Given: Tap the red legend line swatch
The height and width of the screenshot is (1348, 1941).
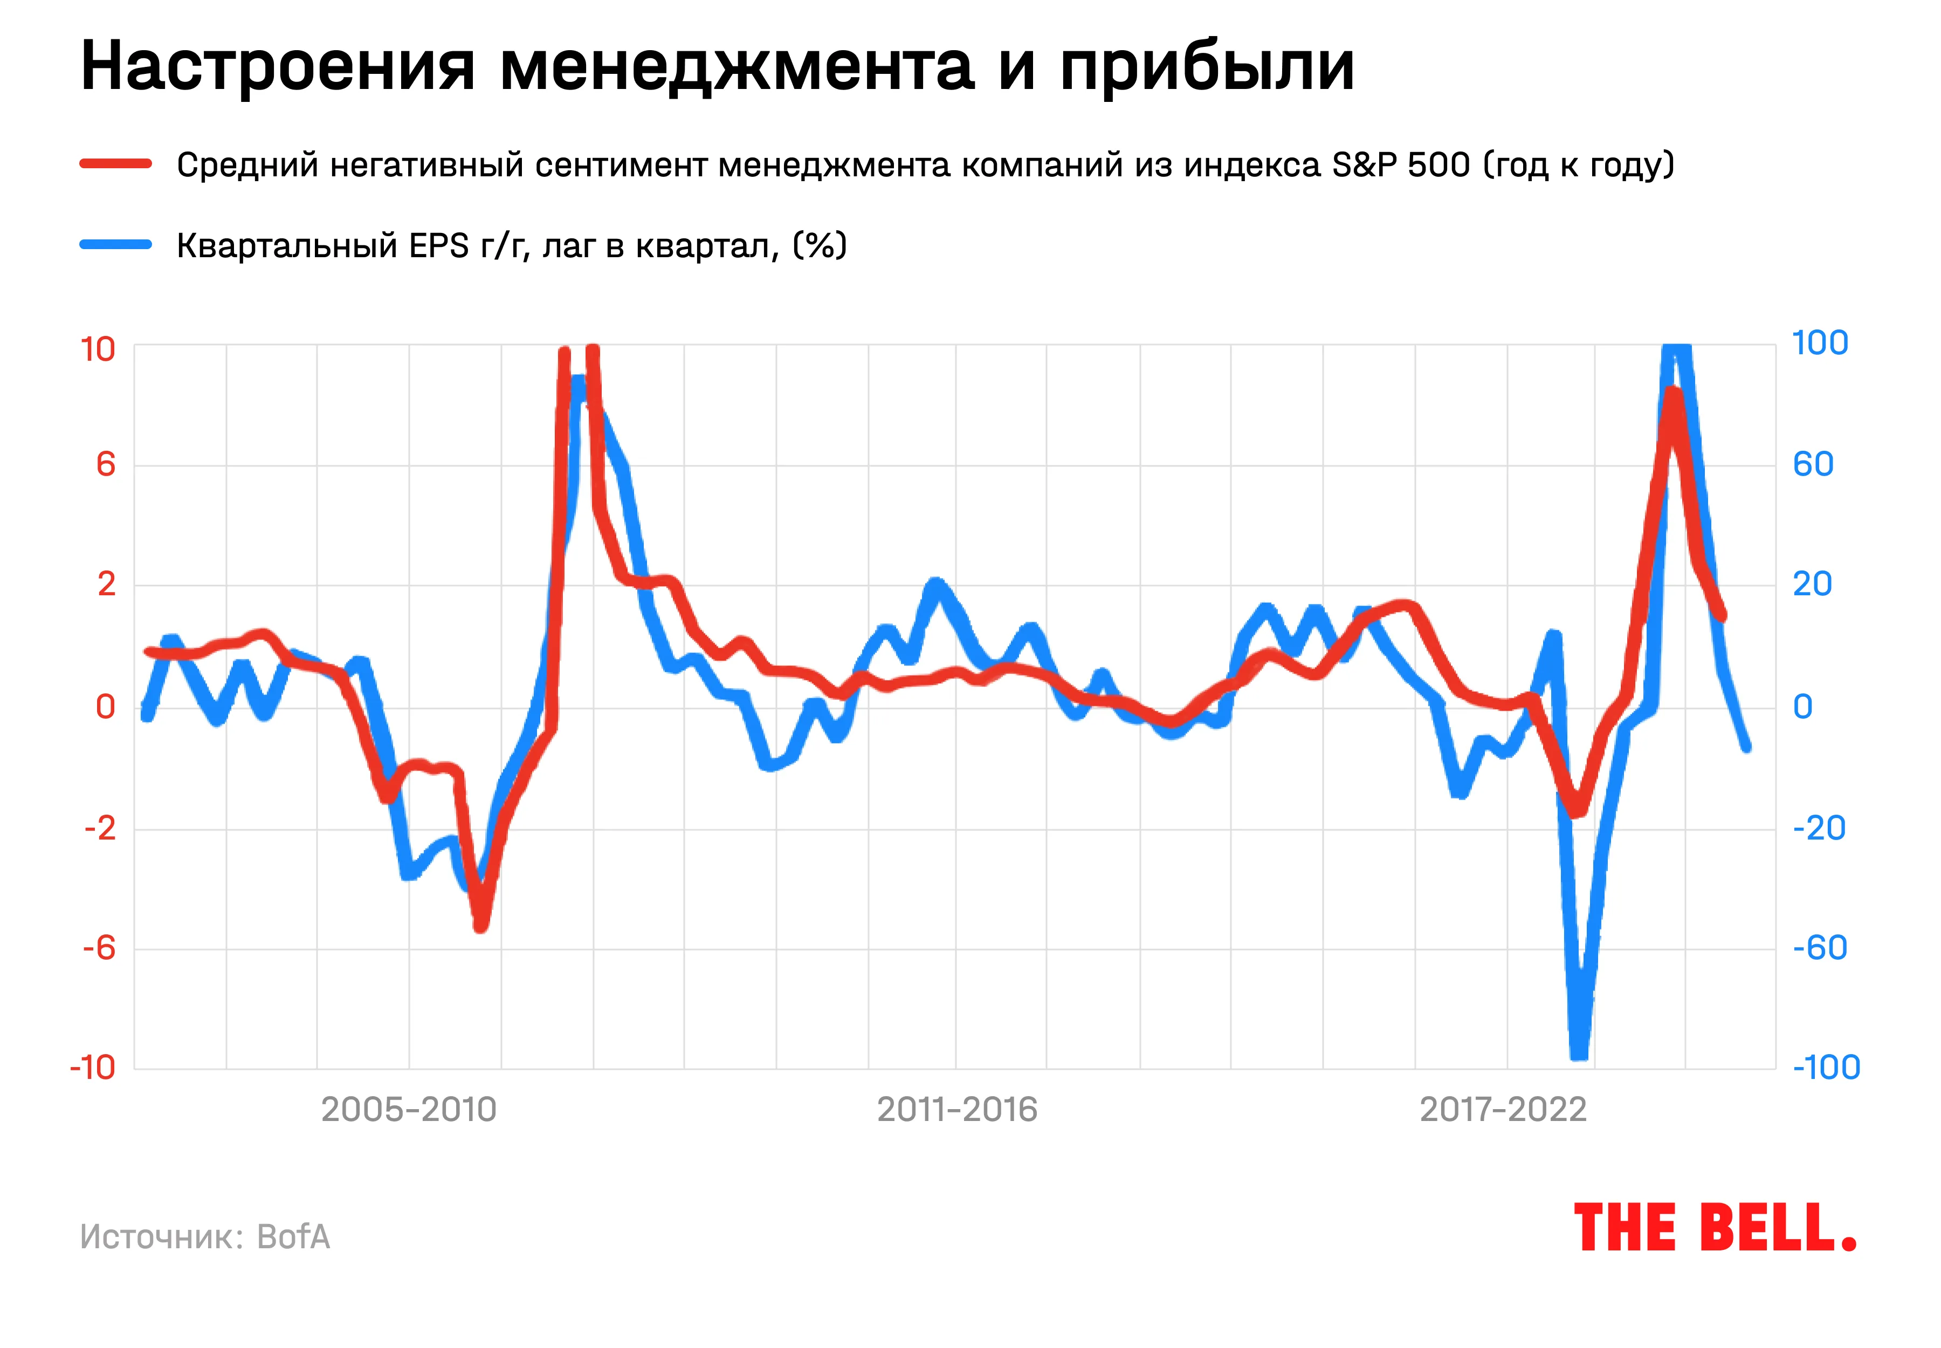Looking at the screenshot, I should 116,164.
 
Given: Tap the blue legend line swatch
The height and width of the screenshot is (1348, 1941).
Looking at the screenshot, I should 116,245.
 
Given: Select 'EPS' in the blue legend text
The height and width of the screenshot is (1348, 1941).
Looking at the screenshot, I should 439,246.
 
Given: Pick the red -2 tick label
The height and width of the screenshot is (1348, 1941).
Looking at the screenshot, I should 100,828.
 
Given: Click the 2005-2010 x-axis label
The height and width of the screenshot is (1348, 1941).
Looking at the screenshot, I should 409,1109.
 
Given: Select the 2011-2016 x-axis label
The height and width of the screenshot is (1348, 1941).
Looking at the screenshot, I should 957,1109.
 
